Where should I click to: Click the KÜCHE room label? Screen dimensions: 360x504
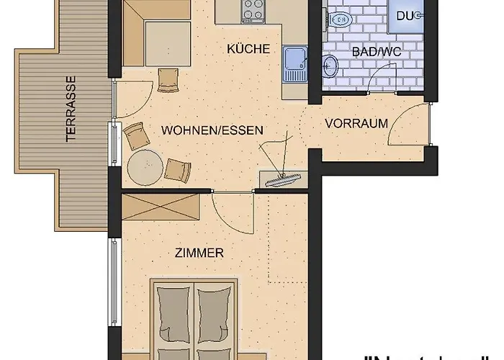point(248,50)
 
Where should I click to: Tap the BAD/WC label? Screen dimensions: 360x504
point(376,52)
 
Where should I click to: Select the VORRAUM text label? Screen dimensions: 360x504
point(356,123)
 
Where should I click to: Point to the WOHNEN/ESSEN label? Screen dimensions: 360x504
point(212,130)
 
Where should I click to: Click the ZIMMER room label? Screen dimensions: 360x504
point(199,253)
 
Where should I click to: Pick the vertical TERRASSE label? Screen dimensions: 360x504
point(71,109)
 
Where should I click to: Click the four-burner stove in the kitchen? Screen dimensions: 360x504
point(253,10)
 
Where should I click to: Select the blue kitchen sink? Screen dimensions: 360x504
point(294,62)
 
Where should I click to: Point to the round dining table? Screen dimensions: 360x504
point(145,168)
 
